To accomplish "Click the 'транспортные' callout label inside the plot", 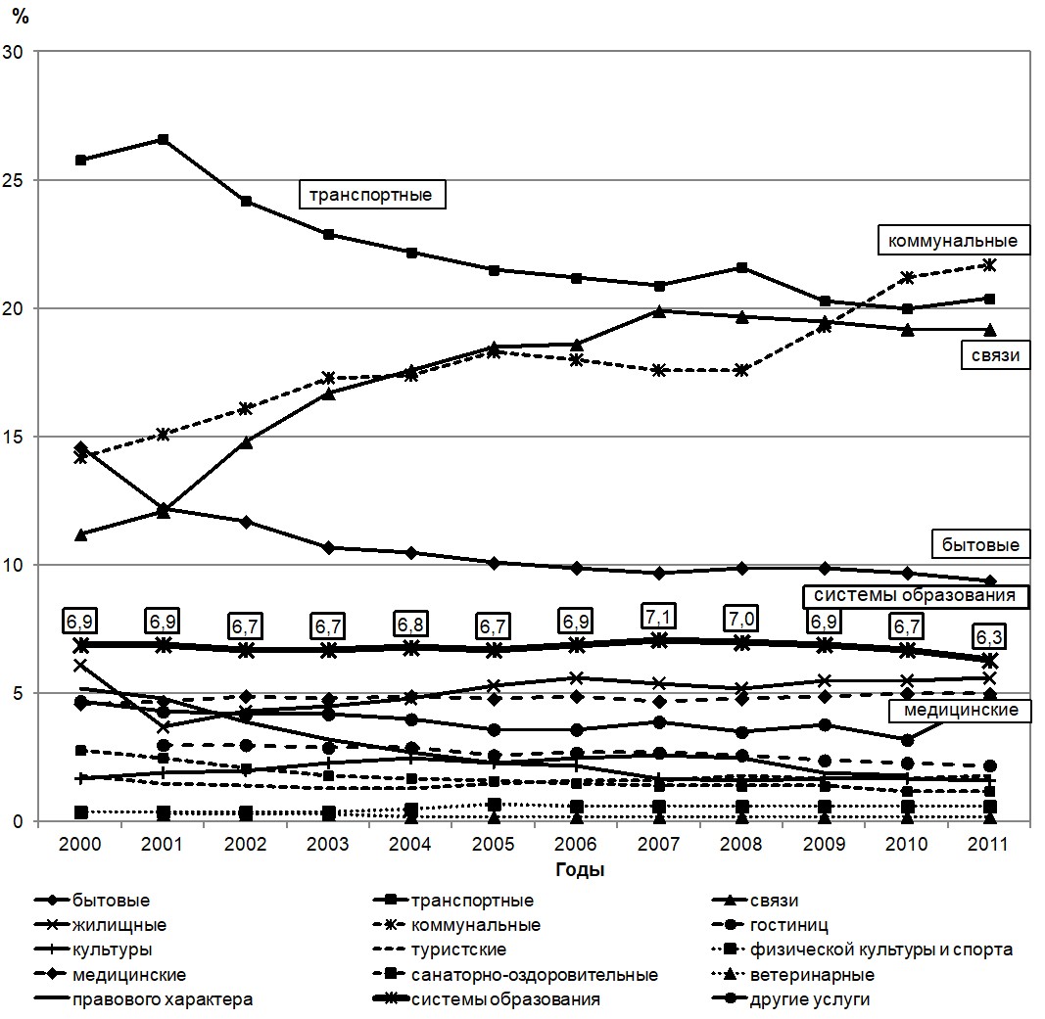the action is click(x=371, y=195).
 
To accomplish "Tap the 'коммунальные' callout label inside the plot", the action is click(x=954, y=241).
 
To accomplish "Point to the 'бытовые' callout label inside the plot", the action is click(x=980, y=544).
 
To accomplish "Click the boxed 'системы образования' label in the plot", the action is click(x=915, y=595).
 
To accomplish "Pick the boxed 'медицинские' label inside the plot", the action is click(x=961, y=710).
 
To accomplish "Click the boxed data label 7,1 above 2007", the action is click(x=658, y=616).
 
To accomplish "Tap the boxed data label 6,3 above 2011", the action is click(x=988, y=636).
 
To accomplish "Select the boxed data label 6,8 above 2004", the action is click(x=410, y=625).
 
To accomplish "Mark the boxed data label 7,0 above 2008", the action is click(x=741, y=618).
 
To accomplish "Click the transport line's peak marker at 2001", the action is click(x=163, y=139).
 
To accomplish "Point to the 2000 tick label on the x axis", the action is click(x=80, y=844).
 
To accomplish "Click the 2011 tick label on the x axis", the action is click(x=988, y=844).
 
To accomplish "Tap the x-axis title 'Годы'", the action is click(x=580, y=870).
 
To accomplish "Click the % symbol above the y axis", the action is click(x=20, y=16).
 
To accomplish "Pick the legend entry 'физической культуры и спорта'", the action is click(x=863, y=950).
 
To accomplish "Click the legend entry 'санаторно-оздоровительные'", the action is click(x=516, y=975).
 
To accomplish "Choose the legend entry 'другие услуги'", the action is click(x=791, y=999).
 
